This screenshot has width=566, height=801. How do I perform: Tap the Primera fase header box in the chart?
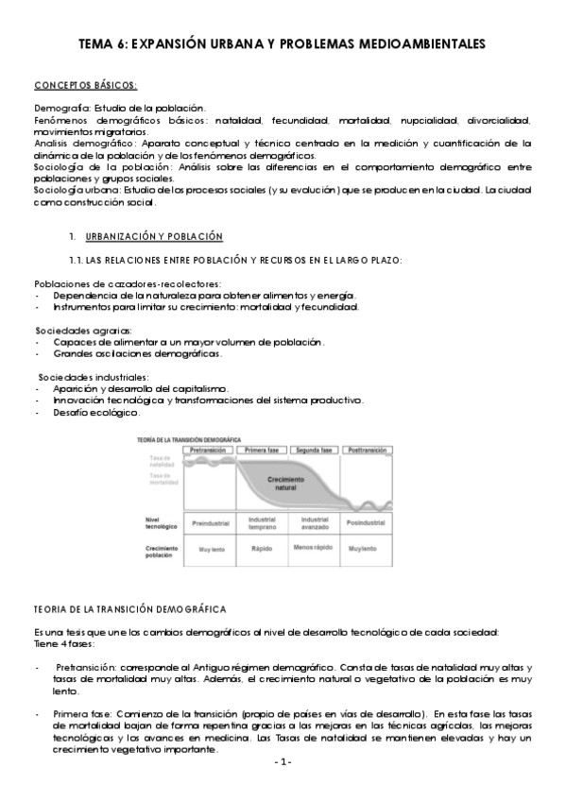[x=261, y=451]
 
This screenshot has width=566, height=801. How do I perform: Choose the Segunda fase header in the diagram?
[x=314, y=451]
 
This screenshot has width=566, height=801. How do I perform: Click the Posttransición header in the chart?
[x=366, y=451]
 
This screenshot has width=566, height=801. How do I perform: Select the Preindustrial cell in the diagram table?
[x=211, y=522]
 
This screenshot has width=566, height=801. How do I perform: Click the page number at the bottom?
[x=282, y=761]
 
